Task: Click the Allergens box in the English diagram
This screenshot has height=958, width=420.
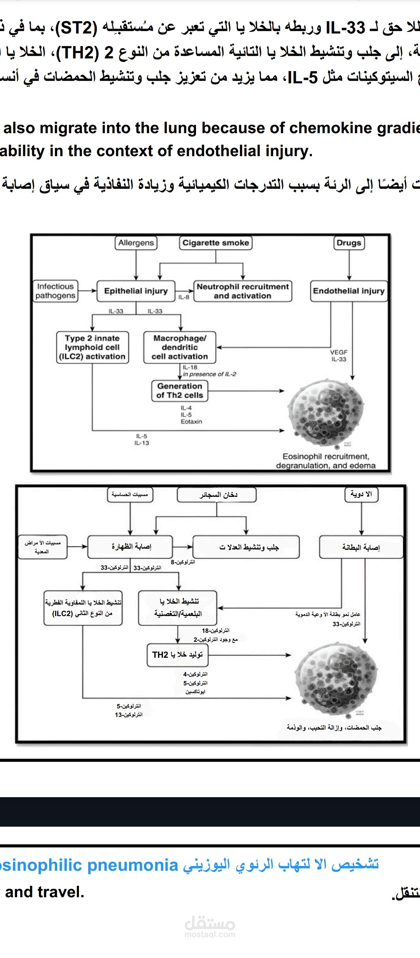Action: (x=136, y=243)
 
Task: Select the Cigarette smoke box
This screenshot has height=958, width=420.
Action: (x=215, y=243)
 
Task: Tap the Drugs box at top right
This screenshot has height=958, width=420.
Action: (x=349, y=243)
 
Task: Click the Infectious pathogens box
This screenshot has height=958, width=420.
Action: (x=55, y=291)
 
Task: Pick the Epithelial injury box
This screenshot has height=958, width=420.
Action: (x=136, y=291)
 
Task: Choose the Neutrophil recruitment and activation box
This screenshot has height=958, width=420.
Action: (x=243, y=291)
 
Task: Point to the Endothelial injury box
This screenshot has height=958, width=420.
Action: (x=349, y=291)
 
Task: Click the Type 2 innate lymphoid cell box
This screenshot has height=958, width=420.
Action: (x=92, y=347)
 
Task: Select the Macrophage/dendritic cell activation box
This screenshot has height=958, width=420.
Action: (x=180, y=347)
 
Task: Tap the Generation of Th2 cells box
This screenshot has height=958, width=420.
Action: (x=180, y=391)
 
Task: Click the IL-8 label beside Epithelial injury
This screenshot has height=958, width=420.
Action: (x=184, y=297)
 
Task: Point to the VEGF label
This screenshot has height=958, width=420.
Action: (x=339, y=352)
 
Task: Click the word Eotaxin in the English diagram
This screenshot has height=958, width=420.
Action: (x=191, y=421)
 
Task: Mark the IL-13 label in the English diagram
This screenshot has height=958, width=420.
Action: (x=142, y=443)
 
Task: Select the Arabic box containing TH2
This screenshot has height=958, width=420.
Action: (x=177, y=655)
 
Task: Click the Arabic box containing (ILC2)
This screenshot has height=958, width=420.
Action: (x=83, y=608)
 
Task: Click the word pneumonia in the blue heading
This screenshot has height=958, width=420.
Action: (x=133, y=865)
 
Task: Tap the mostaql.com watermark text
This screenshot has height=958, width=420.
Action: (x=210, y=934)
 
